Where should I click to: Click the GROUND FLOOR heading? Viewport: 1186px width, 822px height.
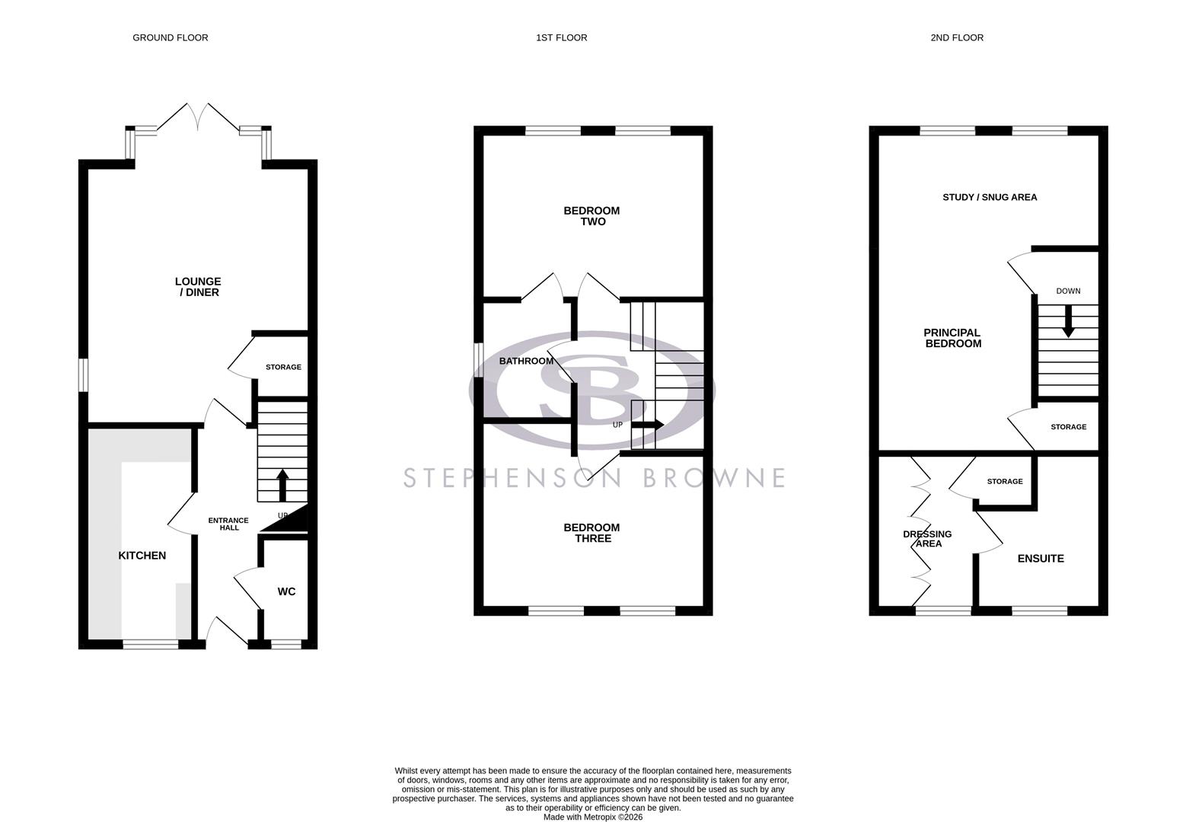(170, 37)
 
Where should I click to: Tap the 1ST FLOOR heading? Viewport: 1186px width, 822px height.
(561, 37)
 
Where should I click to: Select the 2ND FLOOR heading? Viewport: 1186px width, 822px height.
(956, 37)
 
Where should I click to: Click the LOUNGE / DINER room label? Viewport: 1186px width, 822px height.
(198, 287)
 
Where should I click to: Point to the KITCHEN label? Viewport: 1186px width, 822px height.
(142, 556)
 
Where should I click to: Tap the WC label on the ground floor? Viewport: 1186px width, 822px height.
(286, 591)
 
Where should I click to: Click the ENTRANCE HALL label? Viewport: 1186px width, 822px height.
(228, 524)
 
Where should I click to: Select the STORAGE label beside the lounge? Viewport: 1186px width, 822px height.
(283, 368)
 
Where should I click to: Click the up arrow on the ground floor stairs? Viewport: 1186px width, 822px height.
(282, 485)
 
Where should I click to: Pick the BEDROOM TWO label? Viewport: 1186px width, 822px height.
(591, 216)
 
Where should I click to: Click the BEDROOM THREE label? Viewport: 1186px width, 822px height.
(591, 533)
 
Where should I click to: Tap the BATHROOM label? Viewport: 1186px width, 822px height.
(526, 361)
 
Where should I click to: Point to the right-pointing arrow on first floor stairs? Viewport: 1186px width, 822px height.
(648, 425)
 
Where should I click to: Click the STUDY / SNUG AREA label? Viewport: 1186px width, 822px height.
(990, 197)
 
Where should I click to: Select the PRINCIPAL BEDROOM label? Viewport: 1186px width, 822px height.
(952, 338)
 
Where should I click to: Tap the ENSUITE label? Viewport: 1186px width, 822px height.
(1041, 559)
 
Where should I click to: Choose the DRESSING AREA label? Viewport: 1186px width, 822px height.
(927, 539)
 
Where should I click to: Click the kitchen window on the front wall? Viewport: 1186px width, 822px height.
(151, 644)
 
